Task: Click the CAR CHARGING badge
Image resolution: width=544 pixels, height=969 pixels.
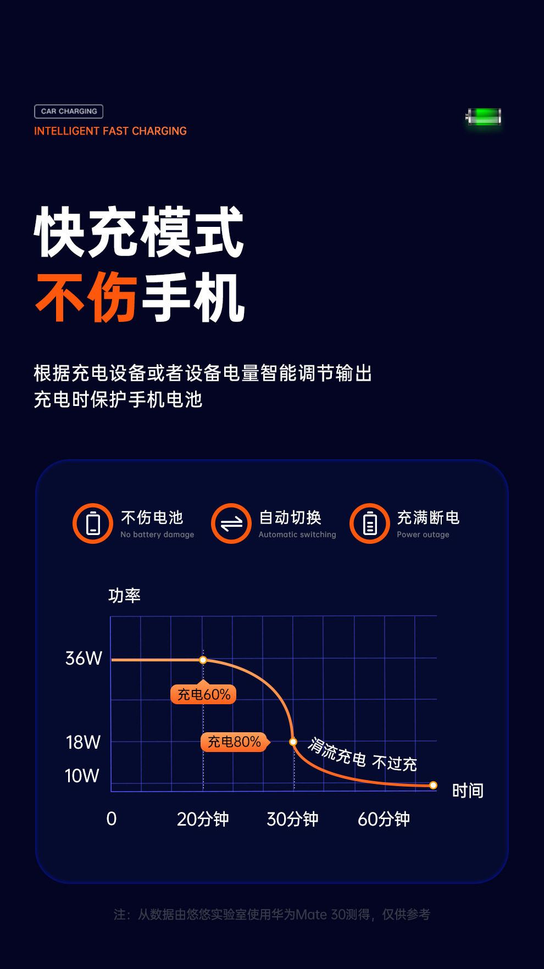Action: [x=69, y=112]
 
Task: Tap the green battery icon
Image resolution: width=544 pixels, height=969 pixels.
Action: [x=484, y=117]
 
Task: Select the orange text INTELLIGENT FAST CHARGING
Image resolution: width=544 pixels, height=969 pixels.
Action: [x=110, y=131]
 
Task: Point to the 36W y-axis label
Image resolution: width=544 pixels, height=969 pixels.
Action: [x=84, y=658]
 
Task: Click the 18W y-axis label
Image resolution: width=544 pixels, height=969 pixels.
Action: [x=83, y=742]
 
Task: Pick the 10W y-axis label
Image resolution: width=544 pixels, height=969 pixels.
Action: [x=82, y=776]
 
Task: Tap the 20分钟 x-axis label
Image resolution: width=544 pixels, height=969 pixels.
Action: [x=202, y=819]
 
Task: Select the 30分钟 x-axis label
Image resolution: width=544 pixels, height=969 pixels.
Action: [x=292, y=819]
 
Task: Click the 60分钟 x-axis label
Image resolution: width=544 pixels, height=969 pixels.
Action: [x=384, y=819]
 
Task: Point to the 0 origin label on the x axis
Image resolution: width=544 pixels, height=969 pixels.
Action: [x=112, y=818]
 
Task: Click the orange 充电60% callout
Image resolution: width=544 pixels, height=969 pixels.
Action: [x=203, y=694]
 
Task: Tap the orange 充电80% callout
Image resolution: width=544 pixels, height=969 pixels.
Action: [x=234, y=742]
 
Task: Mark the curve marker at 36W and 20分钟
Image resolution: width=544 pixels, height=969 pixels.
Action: [x=203, y=660]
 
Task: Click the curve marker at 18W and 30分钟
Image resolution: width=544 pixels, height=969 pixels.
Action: [x=293, y=742]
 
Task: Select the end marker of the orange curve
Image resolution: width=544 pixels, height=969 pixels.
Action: [x=433, y=786]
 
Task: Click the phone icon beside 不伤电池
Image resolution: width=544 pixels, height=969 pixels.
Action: [x=93, y=524]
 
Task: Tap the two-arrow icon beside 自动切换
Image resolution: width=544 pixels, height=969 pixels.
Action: [x=231, y=524]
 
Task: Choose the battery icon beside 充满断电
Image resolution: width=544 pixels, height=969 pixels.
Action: [x=370, y=524]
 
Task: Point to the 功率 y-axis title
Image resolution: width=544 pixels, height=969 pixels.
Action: [x=125, y=595]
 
